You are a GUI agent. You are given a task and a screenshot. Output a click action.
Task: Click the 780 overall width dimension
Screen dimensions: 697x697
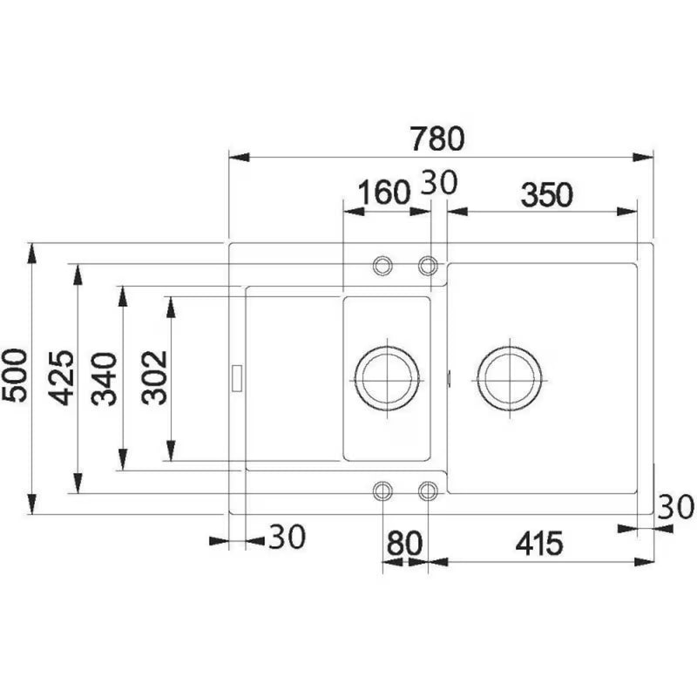point(437,139)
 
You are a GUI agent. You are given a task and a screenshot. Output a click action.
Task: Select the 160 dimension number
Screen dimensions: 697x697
point(383,192)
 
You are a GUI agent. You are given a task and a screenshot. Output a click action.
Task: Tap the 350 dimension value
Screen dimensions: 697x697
point(547,194)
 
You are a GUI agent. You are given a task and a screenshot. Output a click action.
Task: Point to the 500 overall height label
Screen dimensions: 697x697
point(15,376)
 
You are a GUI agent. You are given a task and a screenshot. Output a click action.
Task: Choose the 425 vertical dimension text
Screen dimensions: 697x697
point(61,378)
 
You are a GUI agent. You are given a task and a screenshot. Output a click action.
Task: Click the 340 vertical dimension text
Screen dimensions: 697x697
point(104,379)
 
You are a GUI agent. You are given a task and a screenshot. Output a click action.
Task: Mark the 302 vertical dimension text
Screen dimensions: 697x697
point(154,377)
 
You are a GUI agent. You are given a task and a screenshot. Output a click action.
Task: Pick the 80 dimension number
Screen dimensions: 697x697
point(404,543)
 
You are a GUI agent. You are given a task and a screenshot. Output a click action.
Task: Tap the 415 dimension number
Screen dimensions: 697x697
point(538,543)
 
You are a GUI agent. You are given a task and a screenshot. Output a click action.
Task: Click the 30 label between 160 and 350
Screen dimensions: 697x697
point(439,182)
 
